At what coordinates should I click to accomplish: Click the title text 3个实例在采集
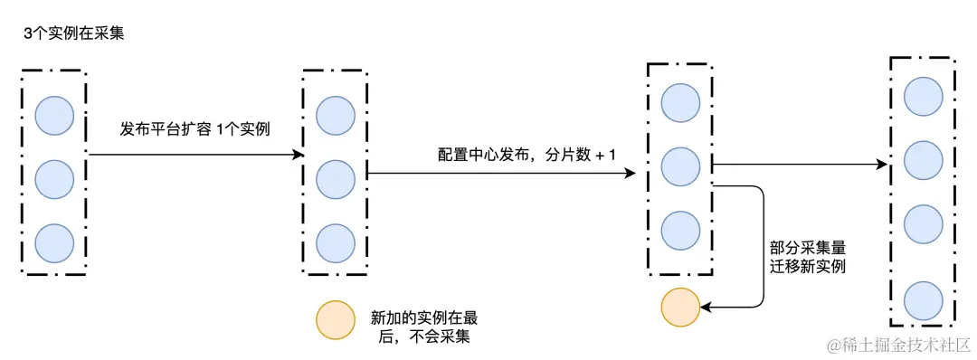pos(75,33)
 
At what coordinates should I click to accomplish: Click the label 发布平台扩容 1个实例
pos(195,129)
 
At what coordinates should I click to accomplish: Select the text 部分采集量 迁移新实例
pos(808,256)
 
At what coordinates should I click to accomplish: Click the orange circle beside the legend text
pos(334,319)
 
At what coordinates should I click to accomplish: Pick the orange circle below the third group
pos(680,307)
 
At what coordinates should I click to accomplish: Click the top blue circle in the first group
pos(54,114)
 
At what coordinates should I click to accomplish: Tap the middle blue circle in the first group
pos(54,178)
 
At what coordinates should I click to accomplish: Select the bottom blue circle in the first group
pos(54,242)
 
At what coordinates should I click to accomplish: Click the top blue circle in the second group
pos(335,114)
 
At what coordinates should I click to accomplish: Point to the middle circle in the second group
pos(335,178)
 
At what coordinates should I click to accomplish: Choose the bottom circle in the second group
pos(335,242)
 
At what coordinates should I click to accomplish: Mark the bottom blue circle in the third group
pos(680,231)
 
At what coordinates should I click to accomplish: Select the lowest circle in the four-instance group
pos(924,299)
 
